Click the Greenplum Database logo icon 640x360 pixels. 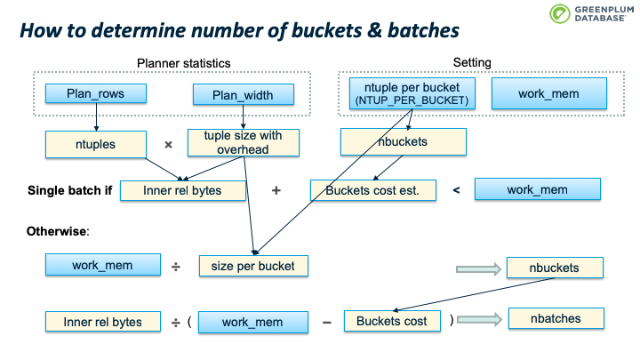558,13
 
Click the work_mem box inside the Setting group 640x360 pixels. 548,93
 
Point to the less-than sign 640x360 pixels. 456,190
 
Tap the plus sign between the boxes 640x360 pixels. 276,190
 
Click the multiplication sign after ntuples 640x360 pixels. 167,143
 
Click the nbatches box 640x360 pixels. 556,318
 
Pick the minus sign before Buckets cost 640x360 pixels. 326,322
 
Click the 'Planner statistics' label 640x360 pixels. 184,63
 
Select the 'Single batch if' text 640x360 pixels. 64,190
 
